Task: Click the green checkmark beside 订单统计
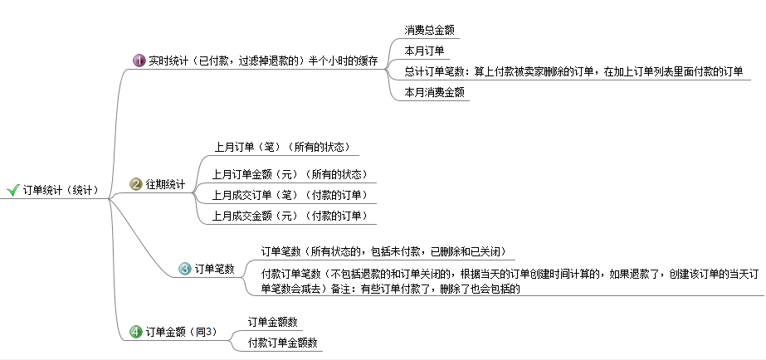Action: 12,190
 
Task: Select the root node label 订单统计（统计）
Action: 61,190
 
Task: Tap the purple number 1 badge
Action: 139,61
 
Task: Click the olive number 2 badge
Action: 136,184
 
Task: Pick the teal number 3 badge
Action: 185,269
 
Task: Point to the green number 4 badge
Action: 136,332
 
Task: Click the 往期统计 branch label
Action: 166,185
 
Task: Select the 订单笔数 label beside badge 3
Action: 214,269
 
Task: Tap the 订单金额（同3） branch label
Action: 181,332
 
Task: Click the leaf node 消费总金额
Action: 430,31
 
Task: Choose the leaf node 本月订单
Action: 424,51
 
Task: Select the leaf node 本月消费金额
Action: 434,92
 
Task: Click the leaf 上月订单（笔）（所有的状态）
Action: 282,147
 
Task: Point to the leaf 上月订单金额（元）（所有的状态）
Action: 290,174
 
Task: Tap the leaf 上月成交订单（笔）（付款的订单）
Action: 290,196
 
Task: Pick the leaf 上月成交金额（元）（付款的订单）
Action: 290,216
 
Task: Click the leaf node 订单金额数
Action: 272,322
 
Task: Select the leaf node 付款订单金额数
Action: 283,343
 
